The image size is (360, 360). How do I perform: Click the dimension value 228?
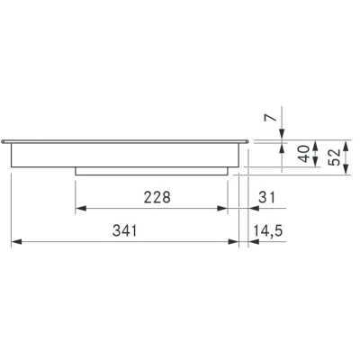(x=157, y=197)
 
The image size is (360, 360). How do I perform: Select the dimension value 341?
(x=125, y=231)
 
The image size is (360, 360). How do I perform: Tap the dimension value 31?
(x=266, y=197)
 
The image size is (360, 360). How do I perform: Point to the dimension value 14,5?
(x=268, y=231)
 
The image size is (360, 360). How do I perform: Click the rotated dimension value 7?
(x=271, y=117)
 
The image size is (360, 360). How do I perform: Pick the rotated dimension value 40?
(x=304, y=154)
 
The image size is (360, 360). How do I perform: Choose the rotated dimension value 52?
(x=335, y=157)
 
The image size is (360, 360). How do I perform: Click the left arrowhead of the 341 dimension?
(x=16, y=241)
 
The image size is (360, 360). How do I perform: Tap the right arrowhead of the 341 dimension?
(x=233, y=241)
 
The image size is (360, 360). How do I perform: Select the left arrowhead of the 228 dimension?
(x=81, y=208)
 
